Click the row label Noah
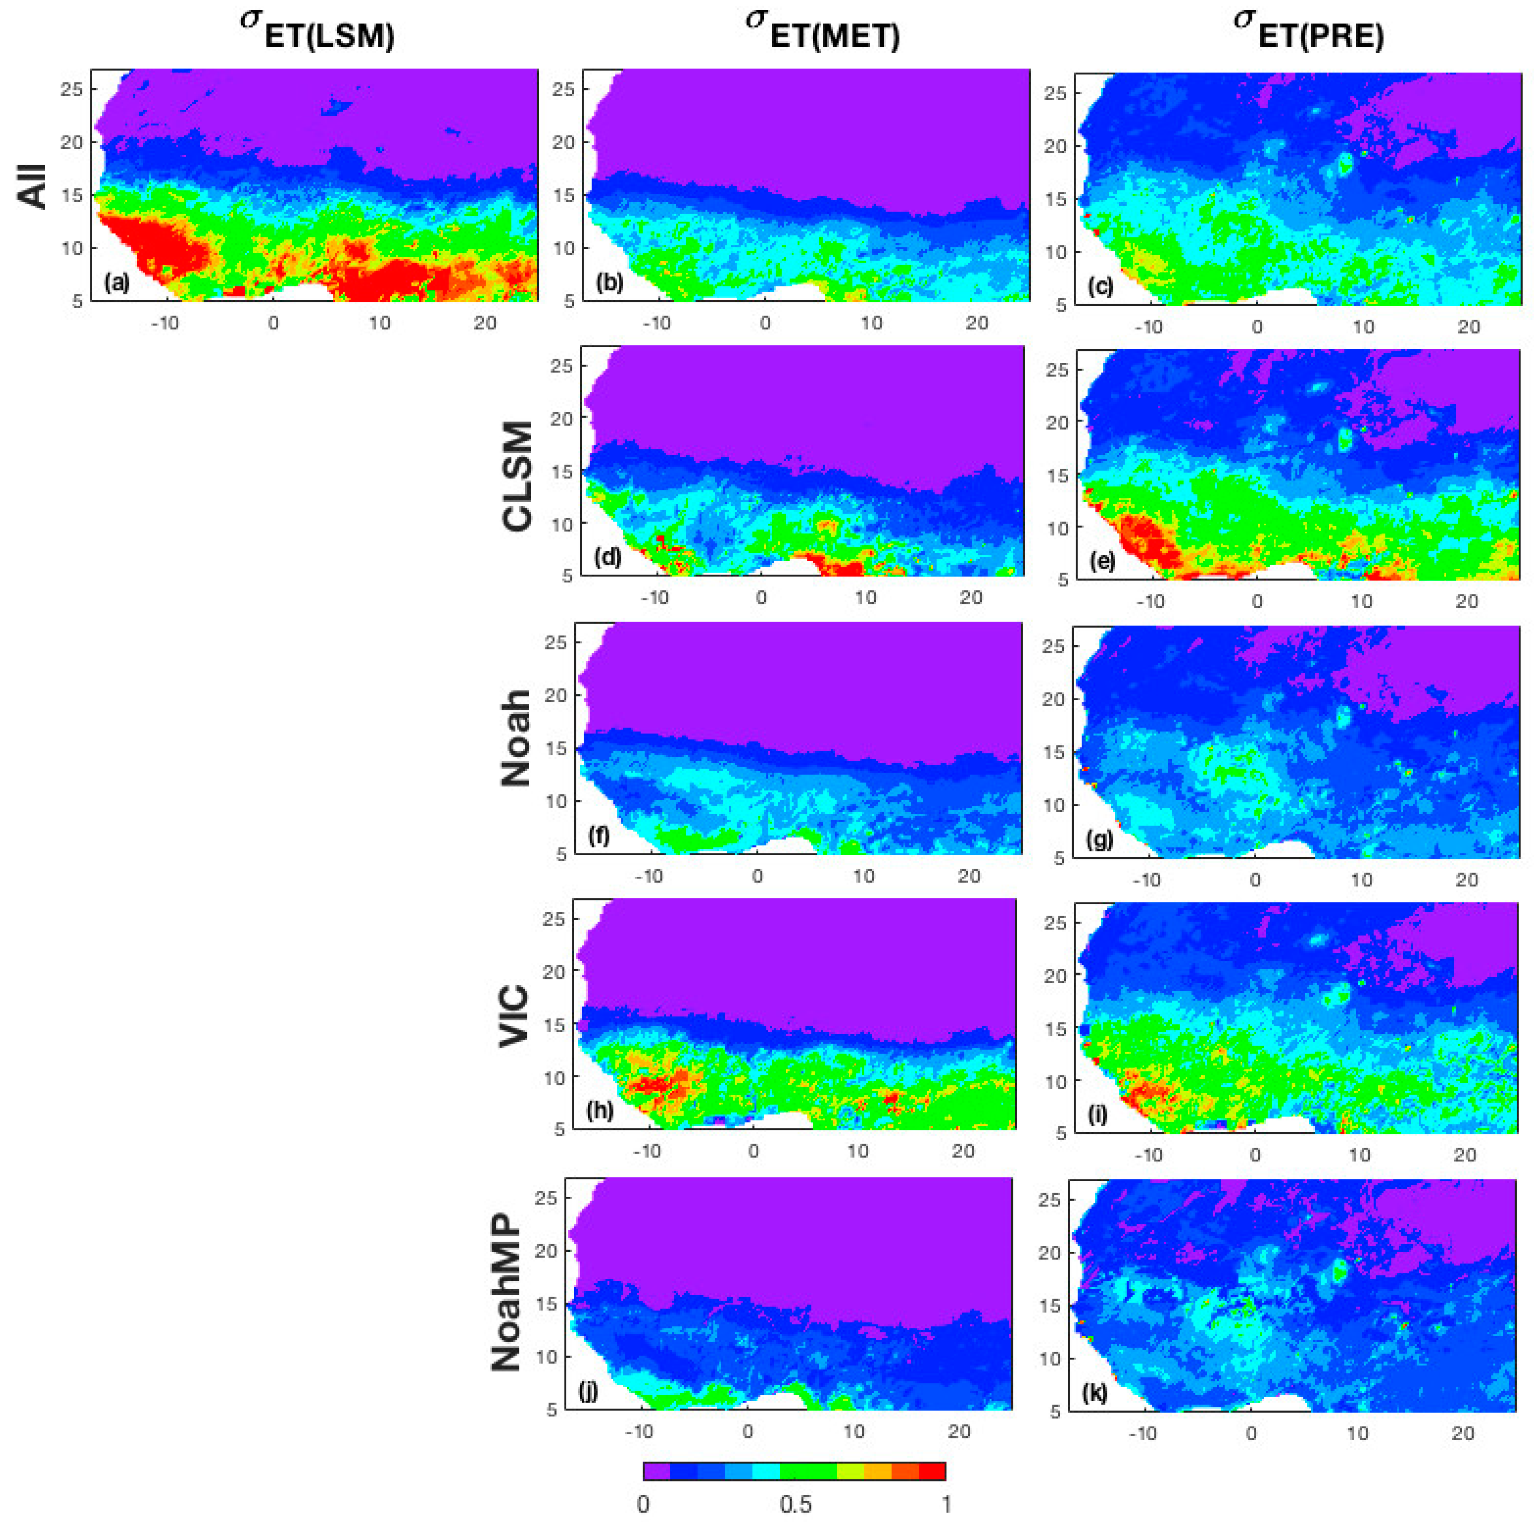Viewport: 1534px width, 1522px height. coord(516,738)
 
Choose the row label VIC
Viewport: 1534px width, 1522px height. coord(515,1016)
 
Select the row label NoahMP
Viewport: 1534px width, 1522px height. coord(506,1294)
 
